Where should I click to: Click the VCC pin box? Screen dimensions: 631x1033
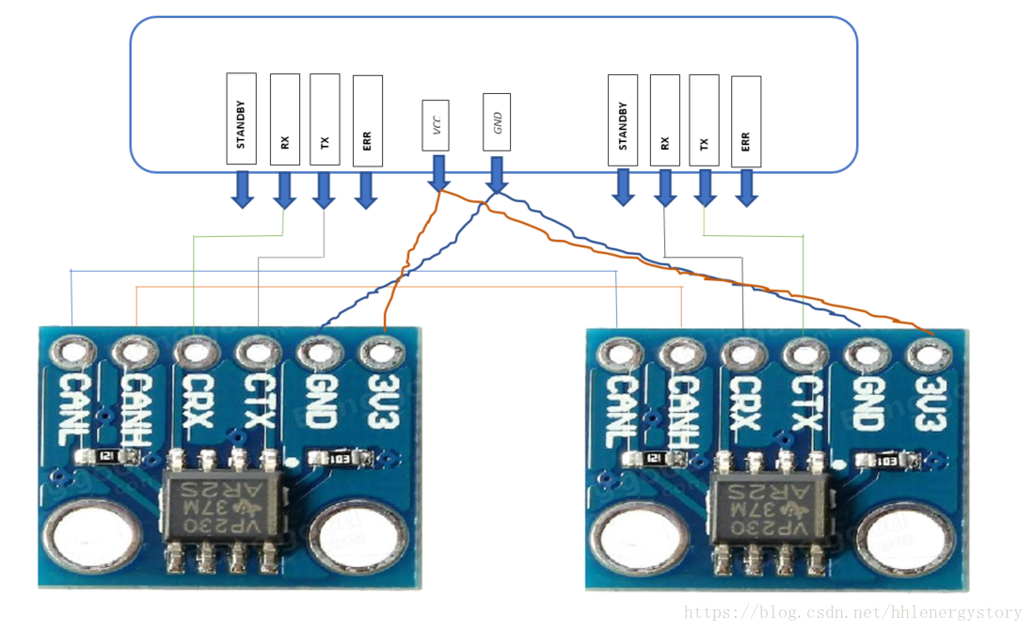point(436,125)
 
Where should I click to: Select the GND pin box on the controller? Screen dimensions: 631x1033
point(496,122)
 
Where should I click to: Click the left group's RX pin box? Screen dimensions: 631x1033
point(284,119)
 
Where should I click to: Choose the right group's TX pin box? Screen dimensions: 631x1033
point(704,121)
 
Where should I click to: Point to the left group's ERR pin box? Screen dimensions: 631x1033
point(367,121)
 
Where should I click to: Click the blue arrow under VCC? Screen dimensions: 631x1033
point(437,173)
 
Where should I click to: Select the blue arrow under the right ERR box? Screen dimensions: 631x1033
point(747,188)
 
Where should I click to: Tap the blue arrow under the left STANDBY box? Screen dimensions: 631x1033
point(243,189)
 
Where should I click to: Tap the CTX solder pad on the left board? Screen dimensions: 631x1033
point(257,354)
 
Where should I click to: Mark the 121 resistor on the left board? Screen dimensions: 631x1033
point(106,456)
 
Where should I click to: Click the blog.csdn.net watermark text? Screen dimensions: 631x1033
point(851,612)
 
